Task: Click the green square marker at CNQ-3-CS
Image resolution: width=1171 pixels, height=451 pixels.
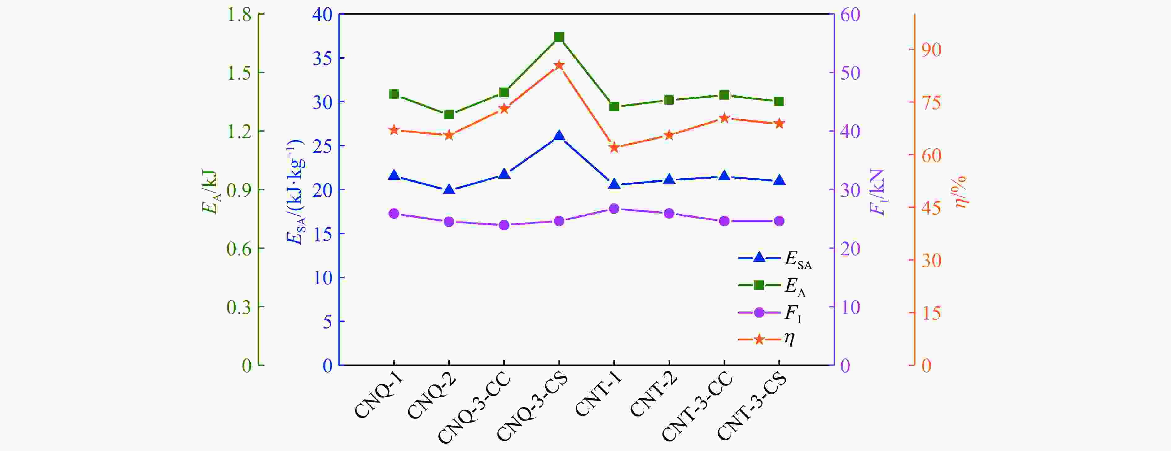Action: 559,37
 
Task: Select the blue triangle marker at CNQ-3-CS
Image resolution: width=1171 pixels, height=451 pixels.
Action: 559,136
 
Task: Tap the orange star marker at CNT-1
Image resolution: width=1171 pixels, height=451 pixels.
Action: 614,148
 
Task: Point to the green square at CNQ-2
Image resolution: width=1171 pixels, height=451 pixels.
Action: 449,115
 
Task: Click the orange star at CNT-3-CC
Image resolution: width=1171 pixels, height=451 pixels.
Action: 724,118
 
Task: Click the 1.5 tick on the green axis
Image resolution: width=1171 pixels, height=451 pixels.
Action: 239,73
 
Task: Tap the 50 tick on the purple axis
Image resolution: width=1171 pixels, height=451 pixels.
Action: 850,73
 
